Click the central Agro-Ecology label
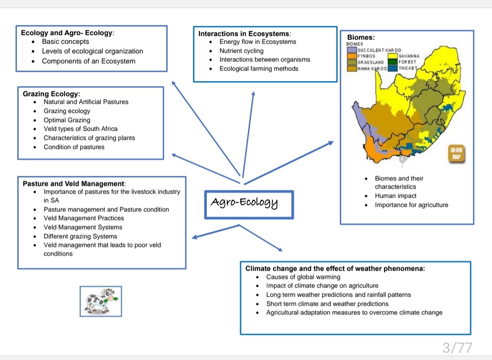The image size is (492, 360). point(245,202)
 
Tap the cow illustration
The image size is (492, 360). point(100,301)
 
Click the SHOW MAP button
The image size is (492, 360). point(456,154)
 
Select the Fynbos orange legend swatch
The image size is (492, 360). point(352,56)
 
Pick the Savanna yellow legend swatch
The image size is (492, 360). point(392,56)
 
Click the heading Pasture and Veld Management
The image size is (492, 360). point(73,184)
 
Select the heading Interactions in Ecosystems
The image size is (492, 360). point(244,34)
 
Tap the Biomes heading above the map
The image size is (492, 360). point(361,37)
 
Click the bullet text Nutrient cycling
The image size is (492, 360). point(241,51)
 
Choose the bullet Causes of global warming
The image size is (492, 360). point(303,277)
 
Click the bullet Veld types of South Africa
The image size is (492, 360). point(81,129)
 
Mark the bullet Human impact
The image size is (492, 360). point(395,196)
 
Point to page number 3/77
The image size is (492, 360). point(457,348)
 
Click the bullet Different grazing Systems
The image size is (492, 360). point(80,237)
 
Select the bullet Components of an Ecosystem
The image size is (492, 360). point(88,61)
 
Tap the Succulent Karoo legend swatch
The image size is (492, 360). point(352,49)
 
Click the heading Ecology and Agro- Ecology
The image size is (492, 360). point(67,33)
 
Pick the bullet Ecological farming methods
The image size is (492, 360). point(259,69)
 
